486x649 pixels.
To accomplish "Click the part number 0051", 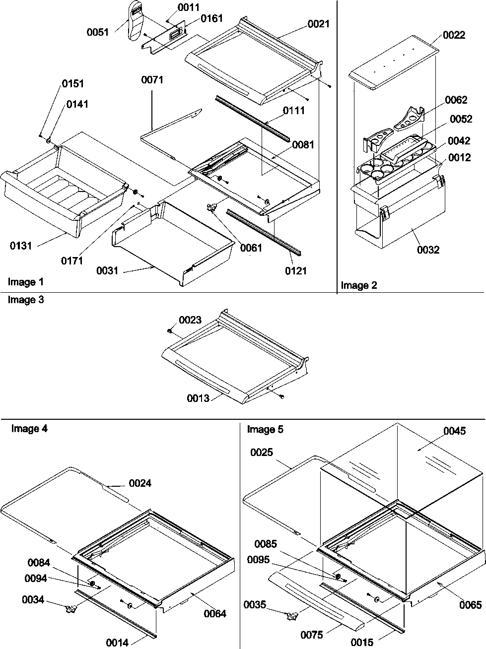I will [x=98, y=32].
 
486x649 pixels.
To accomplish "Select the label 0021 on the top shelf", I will [x=318, y=24].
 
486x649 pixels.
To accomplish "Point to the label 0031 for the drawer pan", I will [x=108, y=270].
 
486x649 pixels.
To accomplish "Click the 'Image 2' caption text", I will [x=358, y=285].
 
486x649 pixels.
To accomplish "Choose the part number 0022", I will [x=454, y=35].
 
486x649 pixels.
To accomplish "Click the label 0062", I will [x=456, y=100].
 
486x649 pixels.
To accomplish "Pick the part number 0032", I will [x=428, y=250].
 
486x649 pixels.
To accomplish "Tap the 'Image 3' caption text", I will [x=25, y=300].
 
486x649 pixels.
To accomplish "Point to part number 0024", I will [x=140, y=483].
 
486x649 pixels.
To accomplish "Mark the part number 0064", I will [x=214, y=613].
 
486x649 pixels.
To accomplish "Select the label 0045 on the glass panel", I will [x=455, y=431].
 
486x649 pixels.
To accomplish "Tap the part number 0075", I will [x=311, y=635].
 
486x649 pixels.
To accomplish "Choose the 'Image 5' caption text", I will [x=265, y=429].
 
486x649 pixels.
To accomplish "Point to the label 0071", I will [x=152, y=80].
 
